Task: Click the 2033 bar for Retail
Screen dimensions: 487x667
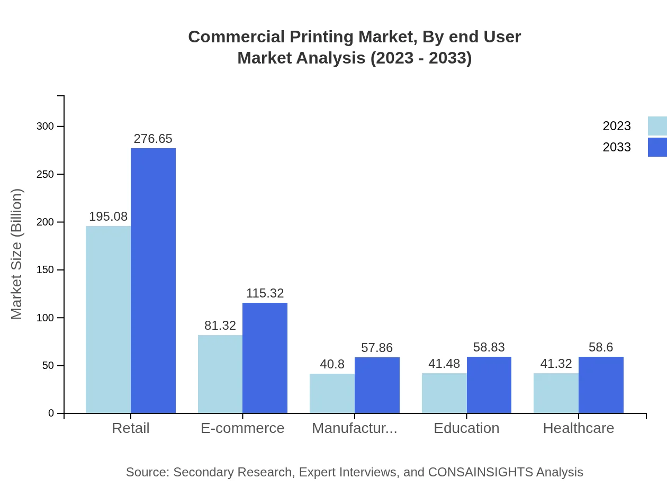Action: tap(153, 281)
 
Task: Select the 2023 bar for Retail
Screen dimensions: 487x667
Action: tap(108, 320)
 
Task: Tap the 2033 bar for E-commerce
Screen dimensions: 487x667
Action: tap(265, 358)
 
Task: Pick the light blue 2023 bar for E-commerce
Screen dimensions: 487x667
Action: tap(220, 374)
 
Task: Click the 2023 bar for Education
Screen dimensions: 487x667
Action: tap(444, 393)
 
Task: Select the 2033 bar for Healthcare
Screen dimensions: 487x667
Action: tap(601, 385)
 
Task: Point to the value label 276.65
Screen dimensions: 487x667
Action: tap(153, 139)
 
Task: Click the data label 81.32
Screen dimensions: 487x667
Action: tap(220, 326)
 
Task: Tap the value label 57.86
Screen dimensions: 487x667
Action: tap(377, 348)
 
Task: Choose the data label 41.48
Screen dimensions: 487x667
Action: tap(444, 364)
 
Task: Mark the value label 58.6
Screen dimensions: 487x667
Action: tap(601, 347)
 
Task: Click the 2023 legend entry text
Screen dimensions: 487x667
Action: tap(617, 126)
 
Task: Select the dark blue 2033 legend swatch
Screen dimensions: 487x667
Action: tap(657, 147)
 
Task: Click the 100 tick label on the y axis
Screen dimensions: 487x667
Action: tap(44, 318)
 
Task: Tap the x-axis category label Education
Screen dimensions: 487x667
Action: tap(466, 428)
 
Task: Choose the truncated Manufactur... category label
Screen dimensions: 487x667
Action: tap(355, 428)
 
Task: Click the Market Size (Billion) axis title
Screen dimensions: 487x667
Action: tap(17, 254)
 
